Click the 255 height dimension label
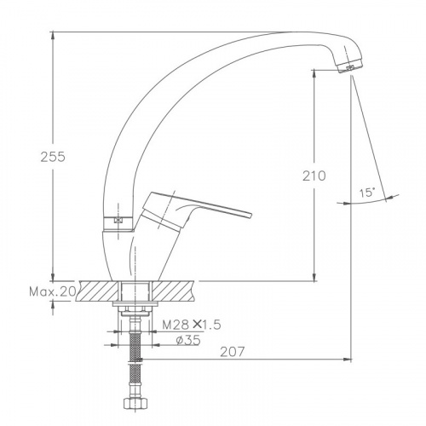pyautogui.click(x=53, y=157)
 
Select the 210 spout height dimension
pyautogui.click(x=314, y=176)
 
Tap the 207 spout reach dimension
pyautogui.click(x=233, y=352)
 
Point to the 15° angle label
pyautogui.click(x=366, y=193)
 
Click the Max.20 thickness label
pyautogui.click(x=53, y=291)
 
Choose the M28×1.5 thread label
pyautogui.click(x=192, y=325)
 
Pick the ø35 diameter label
pyautogui.click(x=188, y=340)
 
